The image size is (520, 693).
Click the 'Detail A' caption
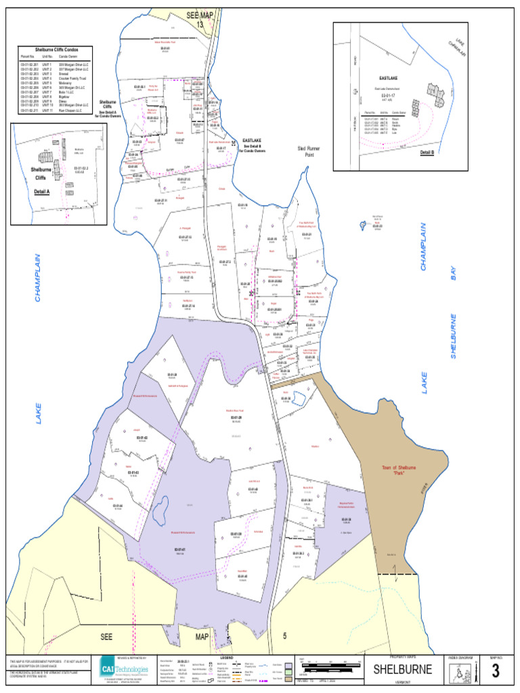pyautogui.click(x=42, y=192)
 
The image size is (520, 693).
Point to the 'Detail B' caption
pyautogui.click(x=427, y=152)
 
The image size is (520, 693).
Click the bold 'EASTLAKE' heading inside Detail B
pyautogui.click(x=389, y=79)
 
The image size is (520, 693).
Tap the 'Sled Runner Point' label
pyautogui.click(x=308, y=151)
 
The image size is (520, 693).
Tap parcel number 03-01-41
pyautogui.click(x=180, y=549)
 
